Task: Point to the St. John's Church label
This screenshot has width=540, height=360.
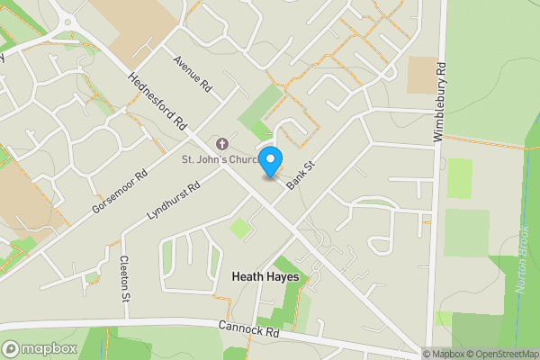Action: (221, 160)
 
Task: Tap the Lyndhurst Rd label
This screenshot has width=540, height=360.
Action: (172, 201)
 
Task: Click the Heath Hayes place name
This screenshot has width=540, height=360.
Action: (265, 277)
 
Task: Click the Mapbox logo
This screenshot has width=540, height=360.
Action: (39, 348)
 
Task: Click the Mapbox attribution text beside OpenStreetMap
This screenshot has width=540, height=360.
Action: (443, 354)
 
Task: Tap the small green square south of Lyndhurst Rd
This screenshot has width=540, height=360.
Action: (239, 228)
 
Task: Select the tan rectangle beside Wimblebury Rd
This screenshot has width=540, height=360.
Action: (420, 76)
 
